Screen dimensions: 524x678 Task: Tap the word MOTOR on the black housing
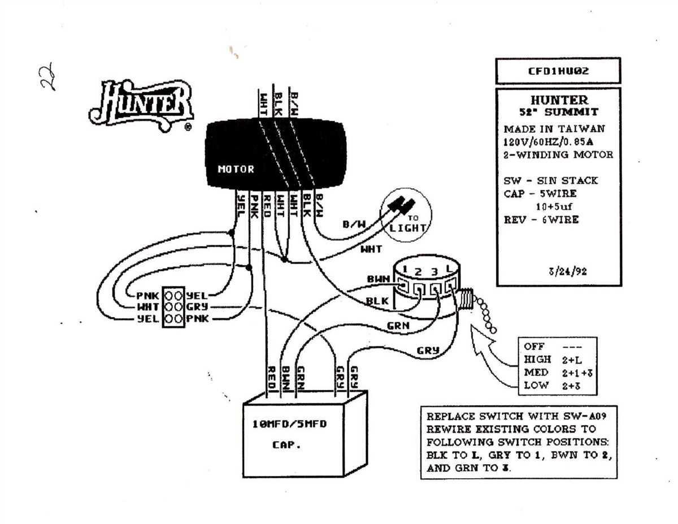coord(236,169)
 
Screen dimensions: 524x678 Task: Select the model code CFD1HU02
coord(558,72)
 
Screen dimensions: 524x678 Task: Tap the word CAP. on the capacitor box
coord(286,445)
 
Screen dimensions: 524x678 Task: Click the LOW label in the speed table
coord(536,386)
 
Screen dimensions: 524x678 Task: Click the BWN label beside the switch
coord(377,279)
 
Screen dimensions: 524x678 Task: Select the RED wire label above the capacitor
coord(271,376)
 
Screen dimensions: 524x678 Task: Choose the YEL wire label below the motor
coord(241,205)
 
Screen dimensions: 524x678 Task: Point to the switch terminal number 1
coord(406,270)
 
